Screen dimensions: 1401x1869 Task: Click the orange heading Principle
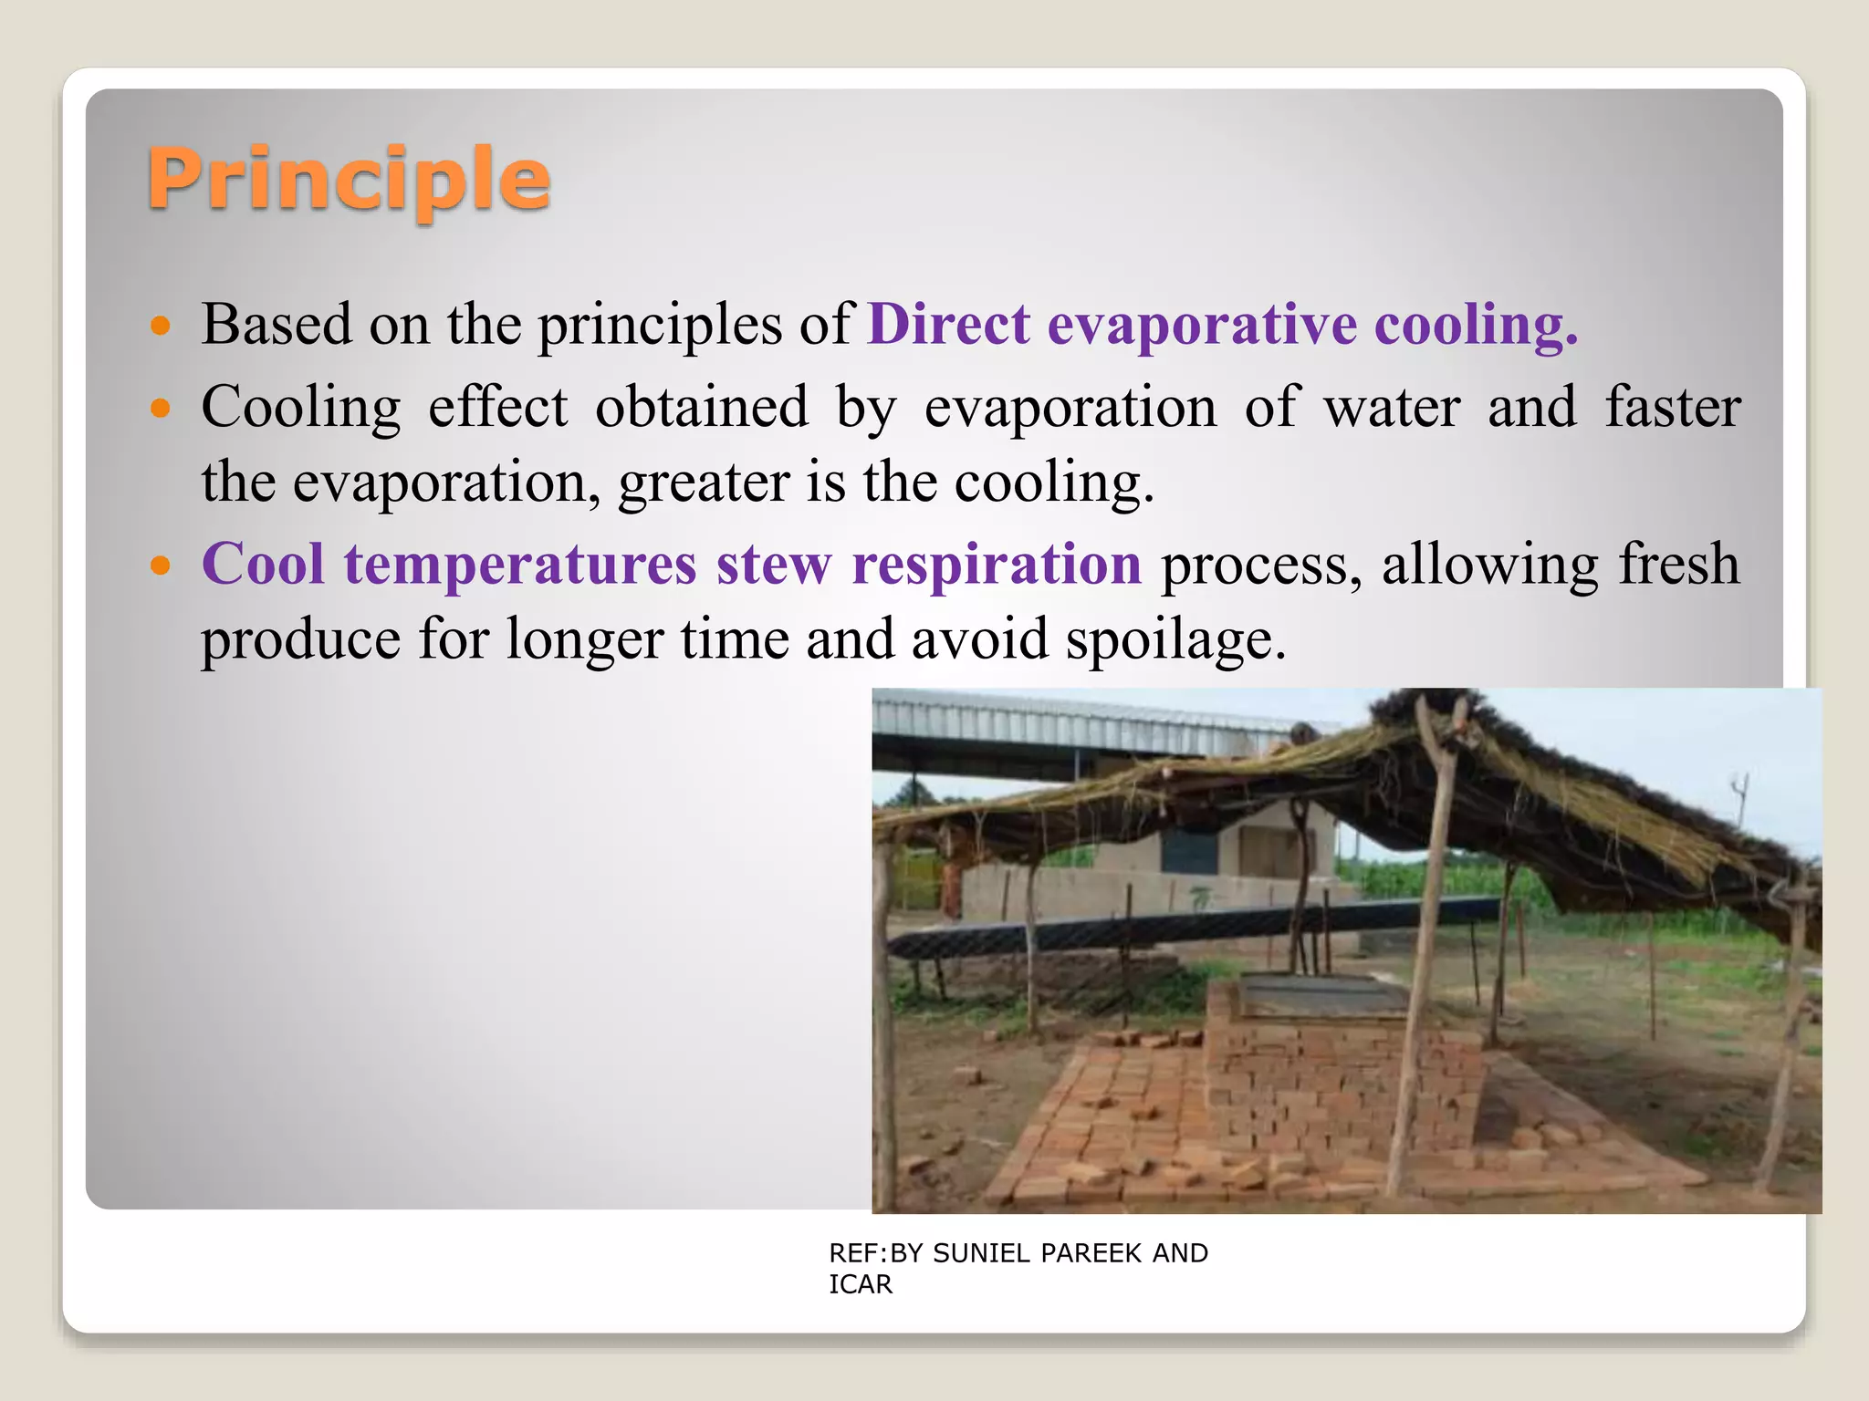point(349,180)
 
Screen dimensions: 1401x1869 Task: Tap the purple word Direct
point(949,325)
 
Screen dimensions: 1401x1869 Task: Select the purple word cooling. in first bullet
point(1476,325)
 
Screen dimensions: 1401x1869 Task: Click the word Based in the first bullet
point(277,325)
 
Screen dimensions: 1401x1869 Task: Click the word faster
point(1673,408)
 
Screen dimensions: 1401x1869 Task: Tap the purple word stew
point(774,565)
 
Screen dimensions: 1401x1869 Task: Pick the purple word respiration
point(996,565)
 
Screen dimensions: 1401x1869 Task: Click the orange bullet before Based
point(161,327)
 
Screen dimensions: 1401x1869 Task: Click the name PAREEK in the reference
point(1091,1254)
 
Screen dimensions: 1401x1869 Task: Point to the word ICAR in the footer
point(860,1285)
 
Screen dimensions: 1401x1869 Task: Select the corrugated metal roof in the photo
point(1077,725)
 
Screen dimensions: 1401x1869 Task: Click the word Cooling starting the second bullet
point(301,408)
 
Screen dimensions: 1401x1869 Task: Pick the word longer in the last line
point(584,640)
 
